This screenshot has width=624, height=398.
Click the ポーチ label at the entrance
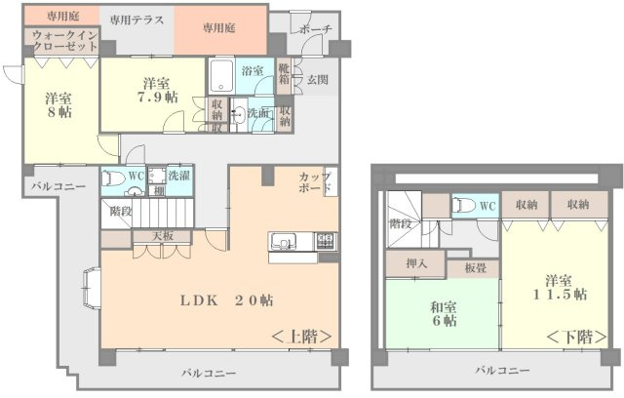tap(315, 29)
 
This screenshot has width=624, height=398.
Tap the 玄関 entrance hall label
tap(318, 80)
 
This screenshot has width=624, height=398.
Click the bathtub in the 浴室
tap(221, 76)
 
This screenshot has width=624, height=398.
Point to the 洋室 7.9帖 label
tap(158, 90)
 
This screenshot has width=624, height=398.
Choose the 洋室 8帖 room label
tap(58, 104)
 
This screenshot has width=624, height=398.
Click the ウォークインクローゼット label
tap(65, 41)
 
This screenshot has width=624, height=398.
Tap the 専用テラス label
tap(136, 20)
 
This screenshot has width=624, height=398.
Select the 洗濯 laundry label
tap(178, 176)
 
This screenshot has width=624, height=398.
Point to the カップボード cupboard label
tap(315, 182)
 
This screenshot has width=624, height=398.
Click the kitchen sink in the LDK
tap(283, 242)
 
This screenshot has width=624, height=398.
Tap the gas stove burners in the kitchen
tap(326, 241)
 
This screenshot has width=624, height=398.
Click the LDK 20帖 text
tap(226, 300)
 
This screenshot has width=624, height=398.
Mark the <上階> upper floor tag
tap(301, 338)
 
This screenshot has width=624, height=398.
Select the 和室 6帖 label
tap(444, 314)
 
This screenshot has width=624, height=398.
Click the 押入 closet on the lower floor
tap(415, 263)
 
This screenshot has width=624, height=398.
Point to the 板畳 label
tap(476, 268)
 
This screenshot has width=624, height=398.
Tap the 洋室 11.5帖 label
tap(560, 288)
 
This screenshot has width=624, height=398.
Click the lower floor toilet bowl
tap(465, 206)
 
